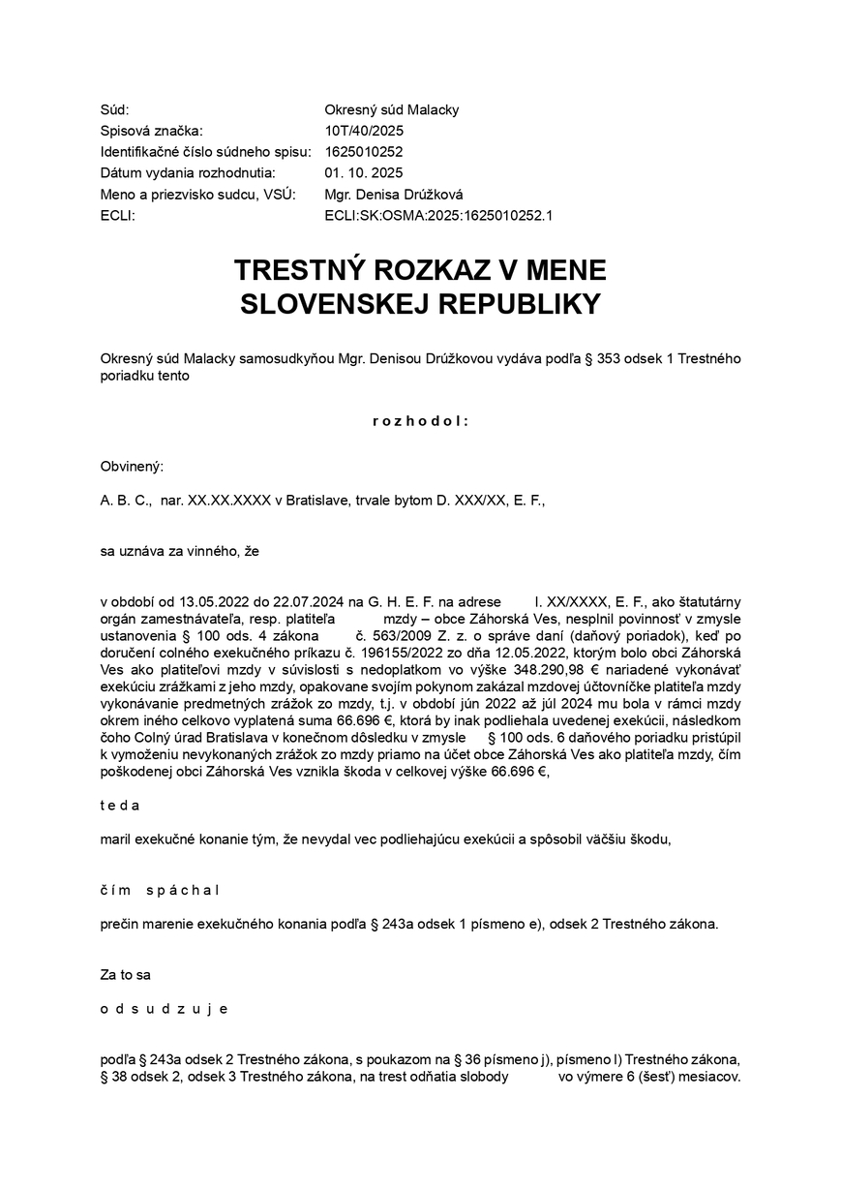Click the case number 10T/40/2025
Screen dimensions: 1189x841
pyautogui.click(x=364, y=131)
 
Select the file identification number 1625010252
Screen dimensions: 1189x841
pyautogui.click(x=364, y=152)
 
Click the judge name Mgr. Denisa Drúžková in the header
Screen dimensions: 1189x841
pyautogui.click(x=394, y=195)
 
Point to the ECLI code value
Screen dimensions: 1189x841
pyautogui.click(x=438, y=216)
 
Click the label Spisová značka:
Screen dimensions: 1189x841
pyautogui.click(x=152, y=131)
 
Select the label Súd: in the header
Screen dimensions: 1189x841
pyautogui.click(x=114, y=109)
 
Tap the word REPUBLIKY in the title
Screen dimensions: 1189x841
pyautogui.click(x=519, y=304)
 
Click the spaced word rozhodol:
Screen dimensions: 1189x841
pyautogui.click(x=420, y=421)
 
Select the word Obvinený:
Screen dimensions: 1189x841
pyautogui.click(x=132, y=466)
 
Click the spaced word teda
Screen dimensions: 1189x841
pyautogui.click(x=120, y=805)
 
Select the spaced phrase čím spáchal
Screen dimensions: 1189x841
pyautogui.click(x=160, y=890)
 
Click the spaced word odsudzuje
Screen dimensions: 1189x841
pyautogui.click(x=164, y=1008)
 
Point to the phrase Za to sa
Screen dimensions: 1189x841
pyautogui.click(x=125, y=975)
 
